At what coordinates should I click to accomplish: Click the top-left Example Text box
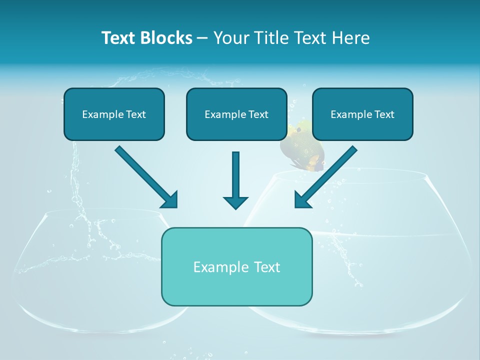[x=114, y=114]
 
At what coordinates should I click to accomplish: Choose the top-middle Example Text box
[x=236, y=114]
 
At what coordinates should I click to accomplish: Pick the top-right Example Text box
[x=362, y=114]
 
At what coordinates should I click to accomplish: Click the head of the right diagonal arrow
[x=302, y=200]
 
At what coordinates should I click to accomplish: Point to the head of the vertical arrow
[x=235, y=202]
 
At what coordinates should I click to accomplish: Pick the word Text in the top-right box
[x=384, y=114]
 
